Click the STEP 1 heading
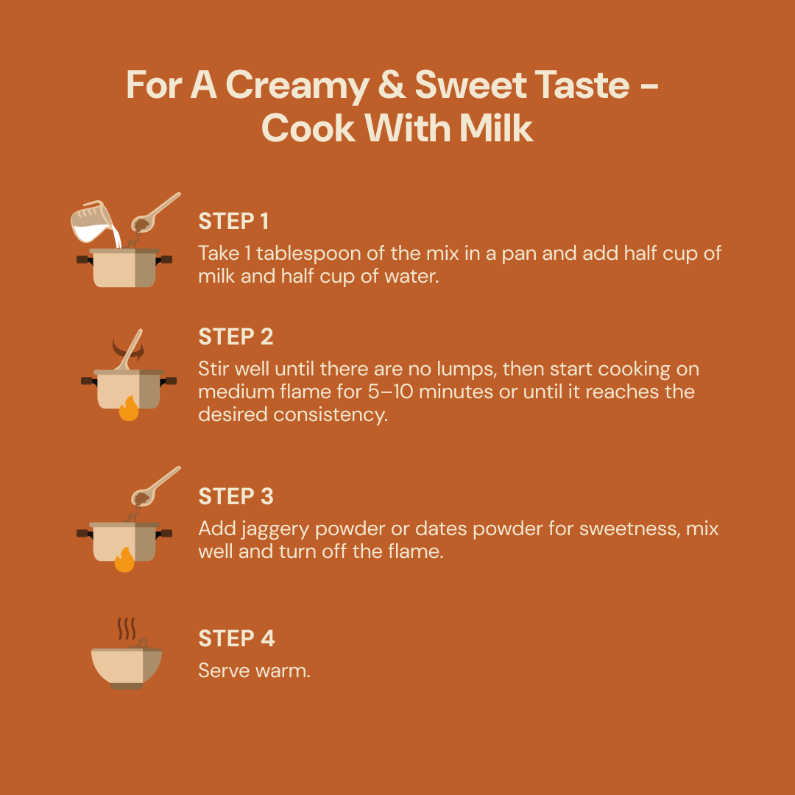[233, 222]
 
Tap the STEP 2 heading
[236, 337]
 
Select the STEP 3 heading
[236, 497]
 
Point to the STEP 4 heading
[236, 639]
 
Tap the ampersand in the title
[392, 85]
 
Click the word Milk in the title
[495, 128]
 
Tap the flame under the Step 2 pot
[129, 409]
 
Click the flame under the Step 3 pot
[124, 559]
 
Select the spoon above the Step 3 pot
[155, 487]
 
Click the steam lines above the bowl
[127, 629]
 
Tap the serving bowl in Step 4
[127, 668]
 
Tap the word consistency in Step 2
[331, 415]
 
